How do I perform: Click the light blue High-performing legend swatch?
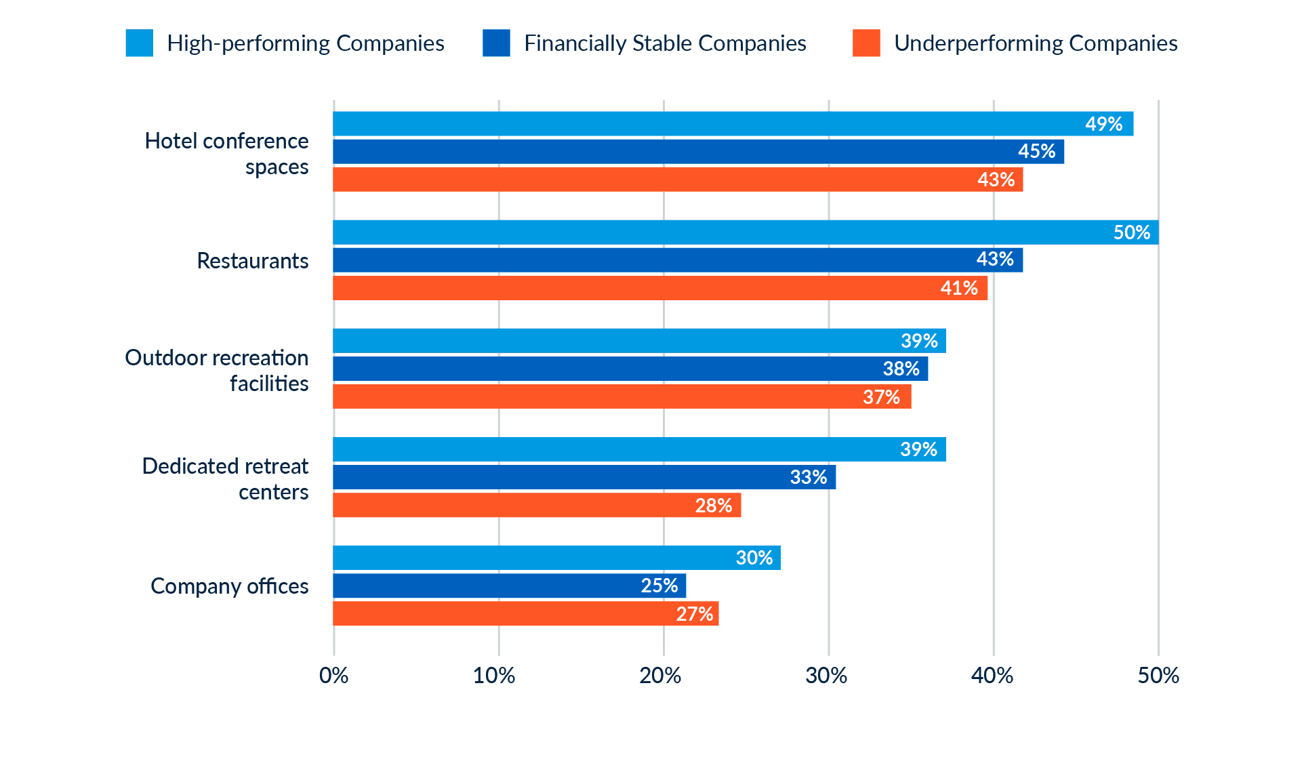[140, 43]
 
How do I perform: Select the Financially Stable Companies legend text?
[665, 43]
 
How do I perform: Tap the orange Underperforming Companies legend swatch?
[866, 43]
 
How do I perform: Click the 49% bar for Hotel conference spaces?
[733, 124]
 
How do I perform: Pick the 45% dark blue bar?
[698, 152]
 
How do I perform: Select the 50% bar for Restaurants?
[746, 232]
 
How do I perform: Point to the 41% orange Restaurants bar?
[660, 288]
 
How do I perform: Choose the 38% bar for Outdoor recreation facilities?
[630, 369]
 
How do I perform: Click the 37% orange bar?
[622, 396]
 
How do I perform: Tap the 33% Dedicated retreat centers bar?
[584, 477]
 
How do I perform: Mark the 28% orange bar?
[537, 506]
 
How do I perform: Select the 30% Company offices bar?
[556, 558]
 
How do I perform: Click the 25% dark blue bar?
[509, 586]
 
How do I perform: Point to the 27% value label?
[694, 614]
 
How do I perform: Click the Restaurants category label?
[252, 261]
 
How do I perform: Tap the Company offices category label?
[229, 586]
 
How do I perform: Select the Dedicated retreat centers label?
[225, 478]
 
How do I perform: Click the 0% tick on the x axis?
[333, 676]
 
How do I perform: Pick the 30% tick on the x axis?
[827, 676]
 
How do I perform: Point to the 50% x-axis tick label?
[1158, 676]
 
